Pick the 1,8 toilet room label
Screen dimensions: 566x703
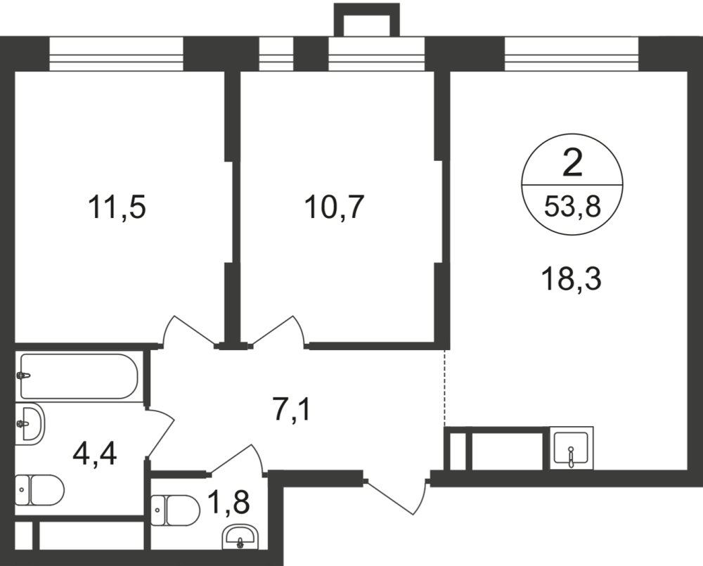(x=230, y=504)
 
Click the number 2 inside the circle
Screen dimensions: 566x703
(x=573, y=165)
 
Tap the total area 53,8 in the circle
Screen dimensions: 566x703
(x=573, y=207)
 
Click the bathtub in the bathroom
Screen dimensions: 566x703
(x=79, y=376)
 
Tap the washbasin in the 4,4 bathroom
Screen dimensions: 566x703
(x=30, y=424)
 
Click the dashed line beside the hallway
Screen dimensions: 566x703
(x=444, y=387)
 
